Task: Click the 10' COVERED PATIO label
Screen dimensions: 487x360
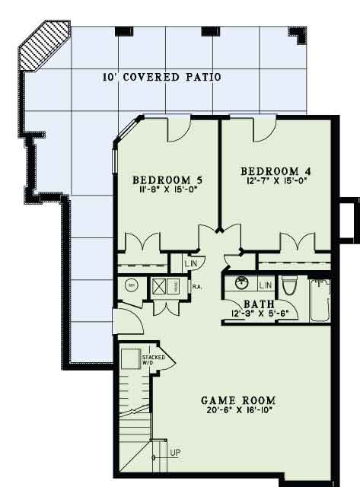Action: pyautogui.click(x=161, y=77)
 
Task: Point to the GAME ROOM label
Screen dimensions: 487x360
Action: pyautogui.click(x=238, y=399)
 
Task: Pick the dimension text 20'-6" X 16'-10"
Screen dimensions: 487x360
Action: pyautogui.click(x=238, y=411)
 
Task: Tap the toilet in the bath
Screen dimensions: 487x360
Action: pyautogui.click(x=288, y=288)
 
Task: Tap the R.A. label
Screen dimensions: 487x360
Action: pyautogui.click(x=196, y=287)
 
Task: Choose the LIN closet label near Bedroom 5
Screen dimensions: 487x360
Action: pyautogui.click(x=191, y=263)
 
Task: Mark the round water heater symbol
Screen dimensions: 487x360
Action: pyautogui.click(x=130, y=285)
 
